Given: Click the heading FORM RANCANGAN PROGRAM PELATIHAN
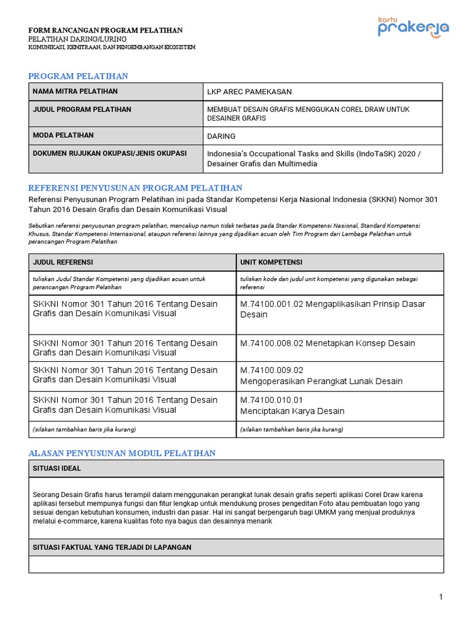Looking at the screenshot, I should click(105, 30).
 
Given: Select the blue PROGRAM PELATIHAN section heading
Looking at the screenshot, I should click(78, 76).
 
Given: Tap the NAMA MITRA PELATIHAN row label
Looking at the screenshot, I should click(75, 92).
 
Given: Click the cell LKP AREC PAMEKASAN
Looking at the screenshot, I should click(249, 92).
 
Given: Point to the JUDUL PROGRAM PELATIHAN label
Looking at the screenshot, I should click(82, 110).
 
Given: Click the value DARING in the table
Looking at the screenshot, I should click(221, 136).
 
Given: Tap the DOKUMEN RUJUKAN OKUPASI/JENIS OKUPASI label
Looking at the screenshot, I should click(109, 153).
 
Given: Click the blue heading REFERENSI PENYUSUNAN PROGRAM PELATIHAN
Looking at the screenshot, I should click(135, 188).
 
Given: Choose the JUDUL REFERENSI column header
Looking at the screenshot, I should click(63, 262).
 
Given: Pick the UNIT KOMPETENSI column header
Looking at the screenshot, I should click(271, 262).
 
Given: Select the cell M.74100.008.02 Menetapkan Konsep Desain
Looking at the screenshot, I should click(328, 343).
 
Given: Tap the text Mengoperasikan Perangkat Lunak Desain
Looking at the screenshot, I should click(321, 381).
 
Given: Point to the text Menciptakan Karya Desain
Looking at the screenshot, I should click(292, 411).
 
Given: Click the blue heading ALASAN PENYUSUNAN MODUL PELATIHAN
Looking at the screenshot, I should click(122, 453).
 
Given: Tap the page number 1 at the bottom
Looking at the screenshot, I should click(441, 597).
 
